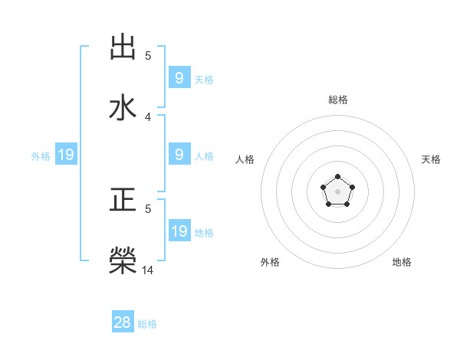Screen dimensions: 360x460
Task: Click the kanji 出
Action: [123, 47]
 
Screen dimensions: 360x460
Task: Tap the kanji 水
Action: [123, 107]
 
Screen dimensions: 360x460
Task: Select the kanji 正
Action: [123, 201]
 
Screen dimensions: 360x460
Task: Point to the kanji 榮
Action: [123, 260]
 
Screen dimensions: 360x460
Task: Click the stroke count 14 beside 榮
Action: [148, 270]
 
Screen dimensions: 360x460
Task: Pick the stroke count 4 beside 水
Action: [148, 117]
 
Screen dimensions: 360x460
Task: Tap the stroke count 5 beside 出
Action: [148, 56]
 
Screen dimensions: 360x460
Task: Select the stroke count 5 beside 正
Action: [148, 208]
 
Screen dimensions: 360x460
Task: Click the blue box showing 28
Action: [123, 322]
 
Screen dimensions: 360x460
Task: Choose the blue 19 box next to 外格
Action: [65, 155]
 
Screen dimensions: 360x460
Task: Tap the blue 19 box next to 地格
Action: [179, 231]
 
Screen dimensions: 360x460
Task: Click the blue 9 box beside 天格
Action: [179, 78]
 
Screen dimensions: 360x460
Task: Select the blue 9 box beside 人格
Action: [179, 155]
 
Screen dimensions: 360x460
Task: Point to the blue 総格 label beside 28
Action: [147, 324]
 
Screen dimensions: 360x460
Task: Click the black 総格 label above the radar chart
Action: [337, 100]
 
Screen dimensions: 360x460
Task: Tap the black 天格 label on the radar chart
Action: [431, 159]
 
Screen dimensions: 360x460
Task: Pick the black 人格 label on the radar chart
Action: [245, 159]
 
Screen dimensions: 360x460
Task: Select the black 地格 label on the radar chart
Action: [402, 262]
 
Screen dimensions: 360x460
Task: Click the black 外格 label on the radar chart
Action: [270, 262]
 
